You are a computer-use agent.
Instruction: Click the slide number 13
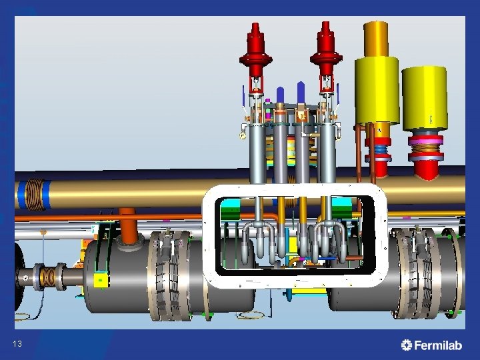[17, 344]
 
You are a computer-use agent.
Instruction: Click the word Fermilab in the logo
[438, 345]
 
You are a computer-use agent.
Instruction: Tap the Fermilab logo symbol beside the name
[407, 345]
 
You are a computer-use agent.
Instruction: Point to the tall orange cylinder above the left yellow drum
[376, 39]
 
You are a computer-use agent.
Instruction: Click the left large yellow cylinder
[377, 91]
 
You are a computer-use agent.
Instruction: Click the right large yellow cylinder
[425, 99]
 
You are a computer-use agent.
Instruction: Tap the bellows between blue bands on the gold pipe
[34, 195]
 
